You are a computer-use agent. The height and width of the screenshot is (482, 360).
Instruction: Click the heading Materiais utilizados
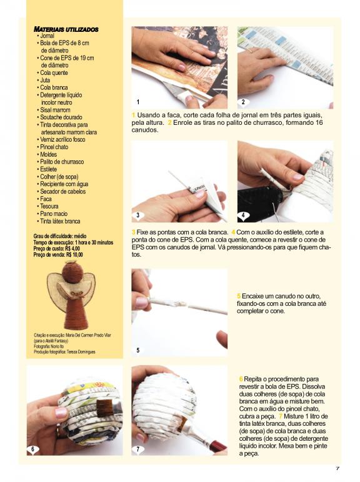click(66, 29)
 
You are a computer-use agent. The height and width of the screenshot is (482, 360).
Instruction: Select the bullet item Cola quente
click(54, 73)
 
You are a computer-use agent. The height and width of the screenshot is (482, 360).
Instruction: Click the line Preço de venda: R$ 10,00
click(58, 255)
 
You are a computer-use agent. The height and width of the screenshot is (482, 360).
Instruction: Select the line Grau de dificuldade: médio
click(60, 236)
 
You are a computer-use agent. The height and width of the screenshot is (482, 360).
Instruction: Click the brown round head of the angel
click(72, 273)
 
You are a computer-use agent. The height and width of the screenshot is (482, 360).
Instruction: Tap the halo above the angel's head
click(72, 262)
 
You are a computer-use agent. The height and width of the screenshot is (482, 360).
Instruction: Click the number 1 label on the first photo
click(138, 102)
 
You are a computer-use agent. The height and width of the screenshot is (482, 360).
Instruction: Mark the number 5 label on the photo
click(138, 350)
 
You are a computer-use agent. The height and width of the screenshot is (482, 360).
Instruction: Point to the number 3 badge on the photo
click(137, 215)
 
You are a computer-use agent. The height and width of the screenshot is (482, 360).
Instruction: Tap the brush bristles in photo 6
click(104, 408)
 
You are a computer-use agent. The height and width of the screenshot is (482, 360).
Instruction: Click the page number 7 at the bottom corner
click(337, 468)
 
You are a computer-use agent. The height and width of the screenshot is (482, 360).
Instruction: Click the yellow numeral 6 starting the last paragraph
click(241, 379)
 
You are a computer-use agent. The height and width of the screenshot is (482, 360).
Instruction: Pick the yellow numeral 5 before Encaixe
click(239, 296)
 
